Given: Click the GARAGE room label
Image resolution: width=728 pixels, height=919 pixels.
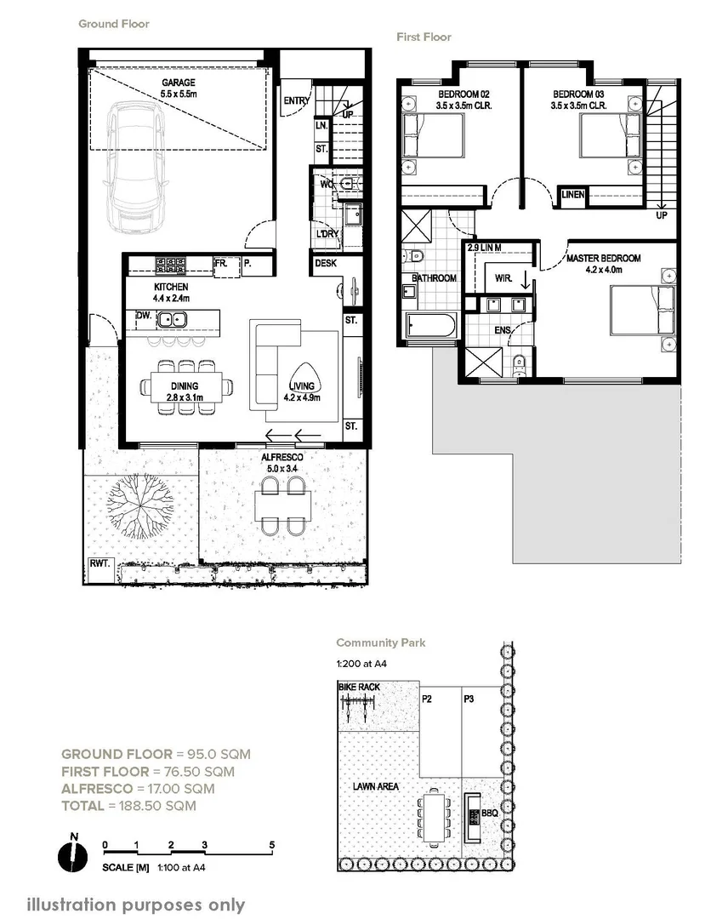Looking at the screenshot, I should (179, 83).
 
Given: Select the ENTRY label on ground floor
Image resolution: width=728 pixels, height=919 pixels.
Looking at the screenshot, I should (297, 101).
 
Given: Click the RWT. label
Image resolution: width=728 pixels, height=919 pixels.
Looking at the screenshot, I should (100, 564).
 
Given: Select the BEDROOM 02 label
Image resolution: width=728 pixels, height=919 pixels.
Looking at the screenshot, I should (463, 94).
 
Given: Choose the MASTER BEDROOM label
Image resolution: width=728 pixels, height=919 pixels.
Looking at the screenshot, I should (603, 258).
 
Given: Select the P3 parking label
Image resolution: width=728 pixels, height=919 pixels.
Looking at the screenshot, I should (469, 699).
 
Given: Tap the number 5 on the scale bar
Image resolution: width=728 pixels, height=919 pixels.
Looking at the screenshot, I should (271, 845).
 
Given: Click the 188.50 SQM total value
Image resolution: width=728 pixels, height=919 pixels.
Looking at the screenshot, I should (156, 806).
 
